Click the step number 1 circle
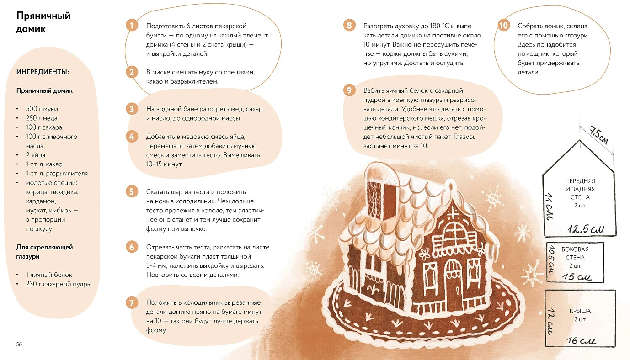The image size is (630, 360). click(132, 25)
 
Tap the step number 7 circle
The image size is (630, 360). click(132, 303)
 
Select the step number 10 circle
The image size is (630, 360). click(503, 25)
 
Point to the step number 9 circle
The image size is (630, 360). click(349, 90)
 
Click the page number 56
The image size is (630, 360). click(19, 344)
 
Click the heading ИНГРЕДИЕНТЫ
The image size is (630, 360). click(43, 72)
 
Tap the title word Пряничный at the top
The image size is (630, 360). click(43, 16)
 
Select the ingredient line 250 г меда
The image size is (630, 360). click(42, 118)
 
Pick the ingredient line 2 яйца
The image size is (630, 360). click(36, 155)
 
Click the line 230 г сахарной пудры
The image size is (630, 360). click(59, 284)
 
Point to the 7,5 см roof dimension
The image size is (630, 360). click(599, 135)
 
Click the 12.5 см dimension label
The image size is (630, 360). click(586, 229)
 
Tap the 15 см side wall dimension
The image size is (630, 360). click(577, 277)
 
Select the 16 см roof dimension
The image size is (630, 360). click(581, 340)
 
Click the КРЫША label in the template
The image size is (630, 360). click(580, 311)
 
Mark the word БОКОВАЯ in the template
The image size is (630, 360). click(575, 249)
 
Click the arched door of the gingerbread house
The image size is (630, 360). click(453, 284)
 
